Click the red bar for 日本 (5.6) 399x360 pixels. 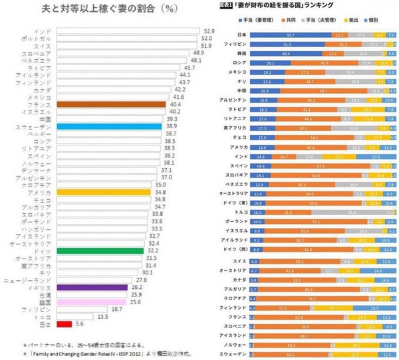65,324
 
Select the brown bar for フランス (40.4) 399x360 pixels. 111,104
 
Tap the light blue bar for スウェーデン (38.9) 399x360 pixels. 108,126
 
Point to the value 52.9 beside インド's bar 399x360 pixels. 209,31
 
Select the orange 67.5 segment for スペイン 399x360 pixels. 321,164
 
